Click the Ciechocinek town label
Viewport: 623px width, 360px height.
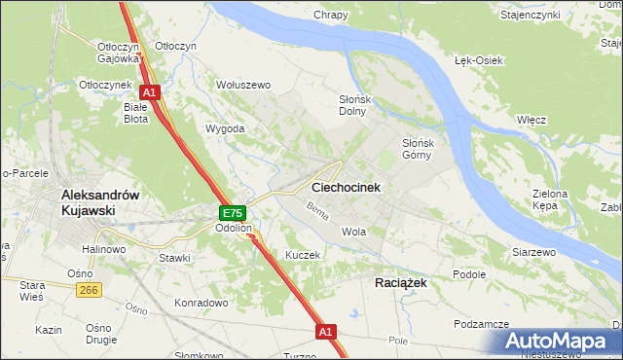(345, 186)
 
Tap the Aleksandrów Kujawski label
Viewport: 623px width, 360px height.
(101, 201)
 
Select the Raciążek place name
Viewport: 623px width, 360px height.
(400, 281)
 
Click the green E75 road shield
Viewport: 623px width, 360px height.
(232, 213)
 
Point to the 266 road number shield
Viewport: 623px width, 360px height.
(91, 289)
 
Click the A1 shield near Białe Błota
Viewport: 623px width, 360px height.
(152, 92)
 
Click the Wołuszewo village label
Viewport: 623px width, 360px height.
(242, 85)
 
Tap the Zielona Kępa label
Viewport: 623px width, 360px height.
(550, 200)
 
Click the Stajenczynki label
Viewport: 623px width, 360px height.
(557, 16)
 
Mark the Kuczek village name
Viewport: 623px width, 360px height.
(303, 254)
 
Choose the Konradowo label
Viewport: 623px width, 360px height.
(201, 303)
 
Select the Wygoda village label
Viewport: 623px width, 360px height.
(224, 128)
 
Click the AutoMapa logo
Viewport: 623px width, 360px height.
(561, 341)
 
